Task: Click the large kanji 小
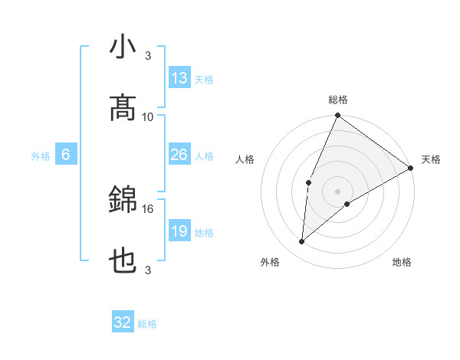tap(123, 48)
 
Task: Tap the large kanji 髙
tap(123, 109)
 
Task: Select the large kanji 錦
tap(123, 201)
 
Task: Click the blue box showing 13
tap(179, 78)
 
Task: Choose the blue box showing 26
tap(179, 155)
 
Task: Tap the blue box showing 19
tap(179, 231)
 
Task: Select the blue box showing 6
tap(66, 155)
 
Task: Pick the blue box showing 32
tap(123, 322)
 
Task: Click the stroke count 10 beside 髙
tap(148, 116)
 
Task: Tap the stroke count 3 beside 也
tap(148, 270)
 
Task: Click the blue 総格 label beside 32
tap(147, 324)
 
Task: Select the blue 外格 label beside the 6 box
tap(41, 156)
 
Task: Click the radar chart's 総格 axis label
tap(338, 100)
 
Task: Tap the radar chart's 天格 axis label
tap(431, 159)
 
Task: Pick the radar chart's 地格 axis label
tap(402, 262)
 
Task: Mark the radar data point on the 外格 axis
tap(302, 242)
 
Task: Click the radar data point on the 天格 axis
tap(411, 168)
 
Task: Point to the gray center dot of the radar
tap(338, 191)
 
